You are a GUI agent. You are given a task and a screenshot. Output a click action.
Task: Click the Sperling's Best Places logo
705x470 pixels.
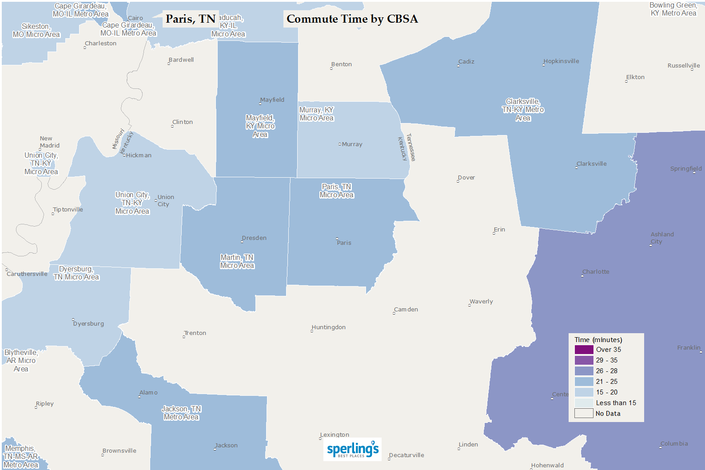pos(352,449)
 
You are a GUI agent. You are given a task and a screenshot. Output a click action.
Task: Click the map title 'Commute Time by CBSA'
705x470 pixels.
pos(352,19)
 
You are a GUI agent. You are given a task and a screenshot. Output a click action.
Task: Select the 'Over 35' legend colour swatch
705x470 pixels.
pos(584,350)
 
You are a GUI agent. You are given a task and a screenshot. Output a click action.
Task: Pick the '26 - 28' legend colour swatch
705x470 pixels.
pos(584,371)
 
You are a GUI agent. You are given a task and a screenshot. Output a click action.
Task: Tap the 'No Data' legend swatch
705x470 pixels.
pos(584,414)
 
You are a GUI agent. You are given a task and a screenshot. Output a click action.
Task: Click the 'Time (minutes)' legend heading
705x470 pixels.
pos(598,340)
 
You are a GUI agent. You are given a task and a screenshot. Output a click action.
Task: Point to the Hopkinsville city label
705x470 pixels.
pos(561,61)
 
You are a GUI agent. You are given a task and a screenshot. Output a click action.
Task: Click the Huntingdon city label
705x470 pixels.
pos(329,327)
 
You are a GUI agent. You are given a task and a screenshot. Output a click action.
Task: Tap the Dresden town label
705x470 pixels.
pos(254,238)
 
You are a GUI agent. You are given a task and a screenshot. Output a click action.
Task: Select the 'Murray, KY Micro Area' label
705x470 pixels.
pos(316,114)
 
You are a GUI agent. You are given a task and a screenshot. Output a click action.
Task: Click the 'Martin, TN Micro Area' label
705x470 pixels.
pos(237,262)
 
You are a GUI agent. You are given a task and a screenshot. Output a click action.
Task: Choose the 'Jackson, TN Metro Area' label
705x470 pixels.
pos(181,413)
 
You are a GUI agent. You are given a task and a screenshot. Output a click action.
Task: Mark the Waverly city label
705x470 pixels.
pos(481,302)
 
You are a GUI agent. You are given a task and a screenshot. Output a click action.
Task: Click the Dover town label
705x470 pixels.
pos(466,178)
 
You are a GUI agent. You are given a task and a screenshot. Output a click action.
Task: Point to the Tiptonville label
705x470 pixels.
pos(68,210)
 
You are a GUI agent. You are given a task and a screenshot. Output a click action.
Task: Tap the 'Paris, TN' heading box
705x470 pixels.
pos(191,19)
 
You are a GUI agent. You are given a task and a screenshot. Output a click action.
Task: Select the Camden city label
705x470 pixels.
pos(406,310)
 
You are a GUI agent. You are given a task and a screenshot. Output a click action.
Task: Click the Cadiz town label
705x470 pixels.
pos(466,62)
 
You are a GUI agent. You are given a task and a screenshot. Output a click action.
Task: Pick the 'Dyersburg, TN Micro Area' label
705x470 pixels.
pos(76,273)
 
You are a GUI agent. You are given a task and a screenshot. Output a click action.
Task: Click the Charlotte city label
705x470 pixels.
pos(596,272)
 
